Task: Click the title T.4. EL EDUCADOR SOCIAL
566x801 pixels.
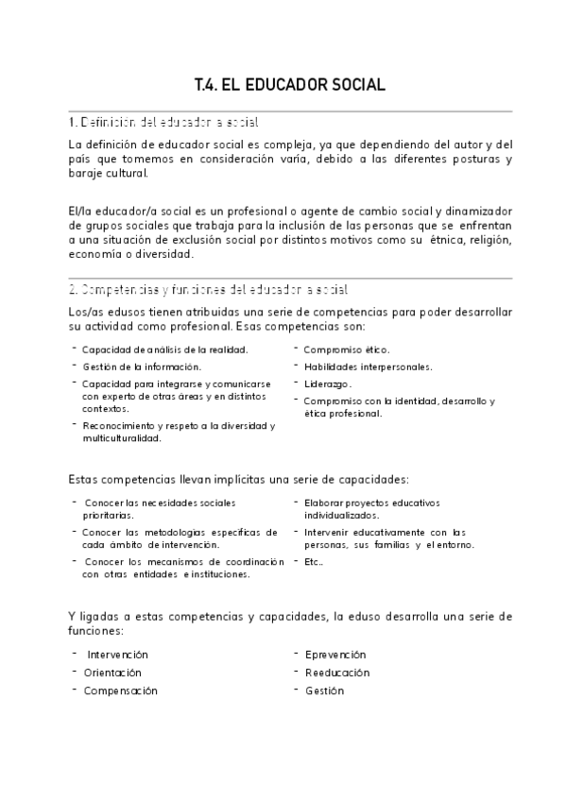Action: pos(289,85)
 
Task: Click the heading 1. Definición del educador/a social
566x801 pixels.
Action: pos(164,123)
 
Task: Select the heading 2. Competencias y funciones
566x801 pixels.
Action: pos(209,289)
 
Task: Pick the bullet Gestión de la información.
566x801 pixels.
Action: pos(142,366)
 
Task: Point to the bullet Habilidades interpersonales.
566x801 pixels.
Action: pos(368,366)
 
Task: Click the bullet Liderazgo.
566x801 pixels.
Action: pos(327,383)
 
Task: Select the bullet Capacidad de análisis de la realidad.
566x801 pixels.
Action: pos(164,349)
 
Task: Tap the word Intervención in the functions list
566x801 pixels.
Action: pos(117,655)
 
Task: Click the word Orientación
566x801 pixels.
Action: pos(112,673)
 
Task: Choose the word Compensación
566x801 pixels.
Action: pos(120,690)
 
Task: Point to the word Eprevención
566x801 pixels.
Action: pos(335,655)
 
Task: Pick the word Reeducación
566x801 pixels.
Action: pos(337,673)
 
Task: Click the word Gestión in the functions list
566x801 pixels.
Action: pos(324,690)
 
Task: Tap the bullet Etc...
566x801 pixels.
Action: pos(314,561)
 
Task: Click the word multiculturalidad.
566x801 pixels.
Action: pos(122,438)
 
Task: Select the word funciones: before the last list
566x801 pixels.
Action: pos(96,630)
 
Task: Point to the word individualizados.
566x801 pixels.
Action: pos(341,516)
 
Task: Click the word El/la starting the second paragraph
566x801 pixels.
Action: pos(81,209)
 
